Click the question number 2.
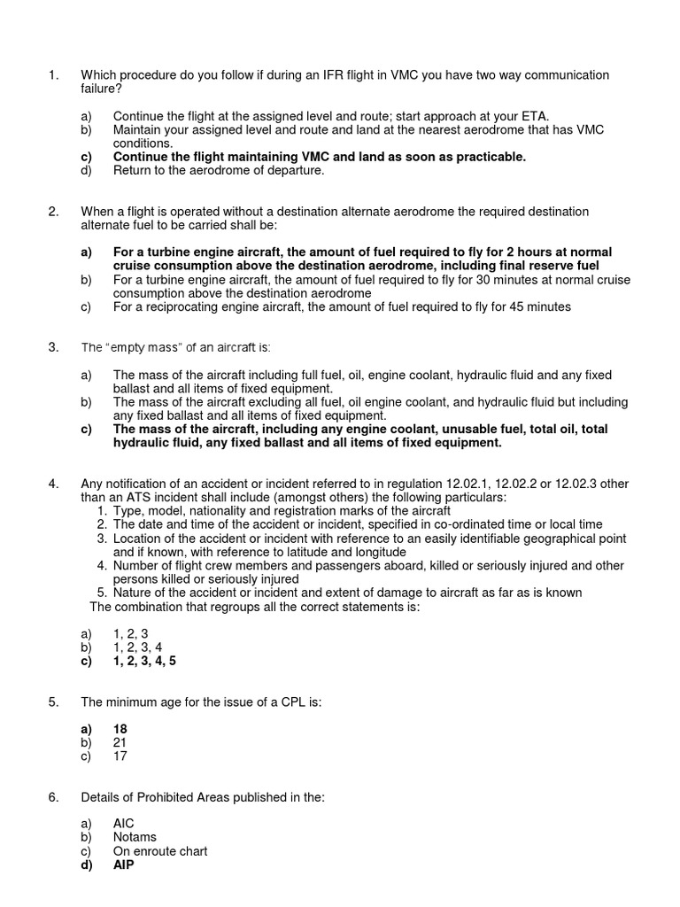tap(53, 212)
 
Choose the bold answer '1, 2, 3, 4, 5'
tap(151, 661)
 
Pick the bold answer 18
tap(120, 729)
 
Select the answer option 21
tap(120, 743)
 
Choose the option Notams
tap(135, 837)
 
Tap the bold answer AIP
tap(123, 864)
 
